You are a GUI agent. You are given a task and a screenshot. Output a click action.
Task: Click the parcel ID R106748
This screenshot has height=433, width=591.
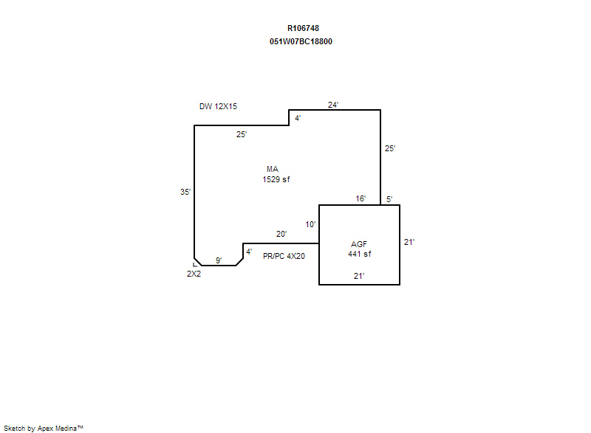[303, 28]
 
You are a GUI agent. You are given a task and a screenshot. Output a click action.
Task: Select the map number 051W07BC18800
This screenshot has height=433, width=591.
[301, 41]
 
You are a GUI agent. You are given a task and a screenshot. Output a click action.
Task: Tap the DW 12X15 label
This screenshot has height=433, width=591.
[218, 106]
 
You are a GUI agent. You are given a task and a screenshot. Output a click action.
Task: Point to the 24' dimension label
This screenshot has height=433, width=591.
[333, 105]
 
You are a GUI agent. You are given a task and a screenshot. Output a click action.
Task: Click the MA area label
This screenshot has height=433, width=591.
[273, 169]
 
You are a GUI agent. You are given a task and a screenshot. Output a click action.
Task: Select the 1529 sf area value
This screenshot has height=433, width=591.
[276, 179]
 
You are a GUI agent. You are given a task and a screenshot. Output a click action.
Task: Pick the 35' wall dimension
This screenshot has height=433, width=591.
[185, 192]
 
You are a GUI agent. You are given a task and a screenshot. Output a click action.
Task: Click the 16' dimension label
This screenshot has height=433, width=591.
[361, 198]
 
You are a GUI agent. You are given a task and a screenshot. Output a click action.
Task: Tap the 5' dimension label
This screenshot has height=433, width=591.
[389, 199]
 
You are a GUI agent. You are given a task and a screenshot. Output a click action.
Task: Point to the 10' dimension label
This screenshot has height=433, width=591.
[310, 224]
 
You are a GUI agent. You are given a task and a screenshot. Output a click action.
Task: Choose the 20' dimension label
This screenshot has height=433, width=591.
[281, 234]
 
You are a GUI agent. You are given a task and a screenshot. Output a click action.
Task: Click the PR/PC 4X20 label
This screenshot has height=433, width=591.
[284, 256]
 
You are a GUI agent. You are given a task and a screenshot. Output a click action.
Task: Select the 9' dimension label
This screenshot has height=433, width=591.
[219, 260]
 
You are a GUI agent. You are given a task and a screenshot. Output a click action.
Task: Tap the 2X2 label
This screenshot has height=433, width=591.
[194, 274]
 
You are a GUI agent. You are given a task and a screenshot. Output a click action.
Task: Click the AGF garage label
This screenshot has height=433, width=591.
[359, 244]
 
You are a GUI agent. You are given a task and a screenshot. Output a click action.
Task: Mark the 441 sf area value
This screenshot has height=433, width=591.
[360, 254]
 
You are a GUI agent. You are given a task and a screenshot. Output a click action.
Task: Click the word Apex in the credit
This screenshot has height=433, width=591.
[45, 429]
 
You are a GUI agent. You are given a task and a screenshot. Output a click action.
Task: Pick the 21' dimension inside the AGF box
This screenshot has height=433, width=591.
[359, 276]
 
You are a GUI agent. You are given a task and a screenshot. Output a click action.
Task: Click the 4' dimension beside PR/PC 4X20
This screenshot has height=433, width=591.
[249, 252]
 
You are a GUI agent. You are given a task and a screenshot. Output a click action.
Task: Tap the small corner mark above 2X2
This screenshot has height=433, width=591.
[195, 265]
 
